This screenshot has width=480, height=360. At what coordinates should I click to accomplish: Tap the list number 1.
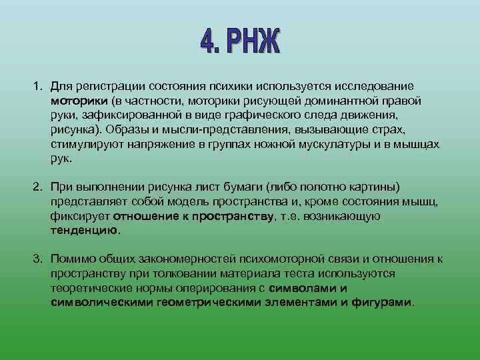click(x=37, y=87)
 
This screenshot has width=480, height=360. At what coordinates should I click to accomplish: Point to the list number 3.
click(x=37, y=259)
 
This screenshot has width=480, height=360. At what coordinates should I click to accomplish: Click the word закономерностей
click(x=185, y=259)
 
